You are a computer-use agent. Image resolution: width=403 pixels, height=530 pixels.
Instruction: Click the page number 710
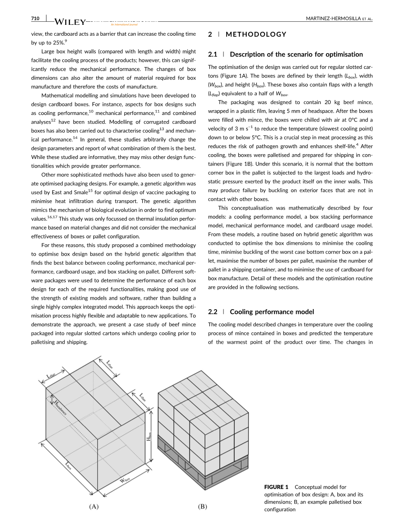(x=35, y=18)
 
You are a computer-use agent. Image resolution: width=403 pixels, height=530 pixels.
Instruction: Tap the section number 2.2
(x=213, y=312)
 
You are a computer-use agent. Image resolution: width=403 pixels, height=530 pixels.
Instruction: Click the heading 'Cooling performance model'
(x=272, y=312)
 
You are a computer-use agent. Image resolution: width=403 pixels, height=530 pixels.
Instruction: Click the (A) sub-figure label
(x=94, y=506)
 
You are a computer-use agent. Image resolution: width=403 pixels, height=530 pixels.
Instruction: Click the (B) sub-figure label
(x=203, y=506)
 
